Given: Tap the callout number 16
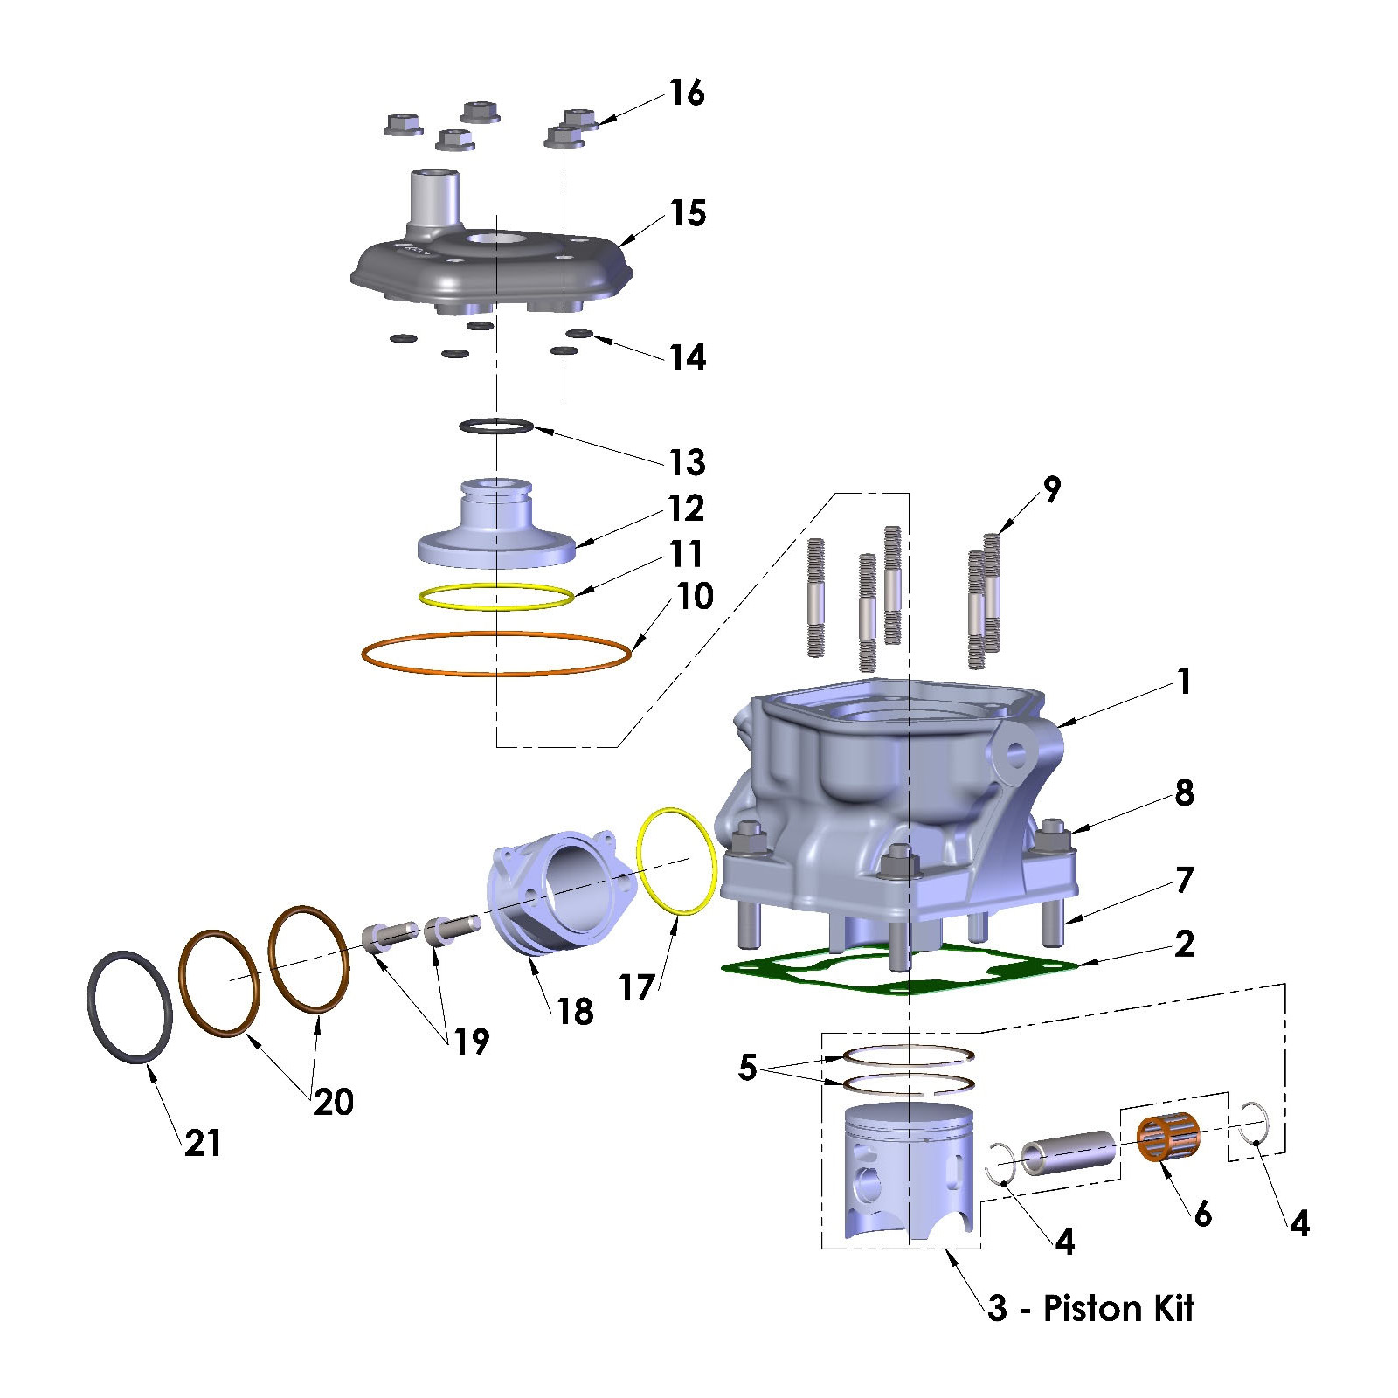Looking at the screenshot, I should [687, 93].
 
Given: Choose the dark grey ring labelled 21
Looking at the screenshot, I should [129, 1007].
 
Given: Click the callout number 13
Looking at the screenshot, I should [687, 462].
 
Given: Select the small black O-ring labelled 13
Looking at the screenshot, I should [496, 426].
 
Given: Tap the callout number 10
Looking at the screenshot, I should [696, 597].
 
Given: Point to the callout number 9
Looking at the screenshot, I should [1052, 489].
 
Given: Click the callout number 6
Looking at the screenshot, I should [1203, 1214].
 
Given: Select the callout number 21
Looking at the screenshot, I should [203, 1142].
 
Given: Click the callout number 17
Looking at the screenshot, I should [636, 988].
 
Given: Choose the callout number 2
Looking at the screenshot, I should [1185, 944].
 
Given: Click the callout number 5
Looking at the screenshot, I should [747, 1067].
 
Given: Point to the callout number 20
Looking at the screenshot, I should [334, 1102].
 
